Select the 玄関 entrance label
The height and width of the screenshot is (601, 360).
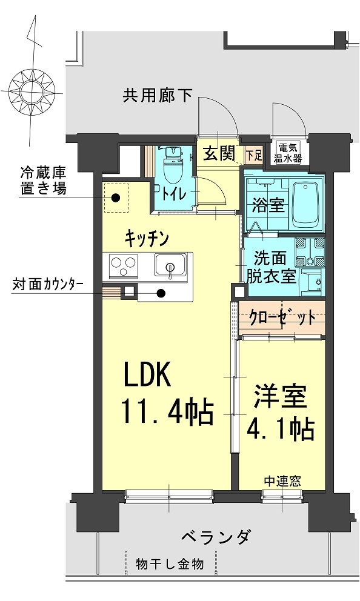(218, 154)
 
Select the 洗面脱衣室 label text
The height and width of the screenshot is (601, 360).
(271, 267)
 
